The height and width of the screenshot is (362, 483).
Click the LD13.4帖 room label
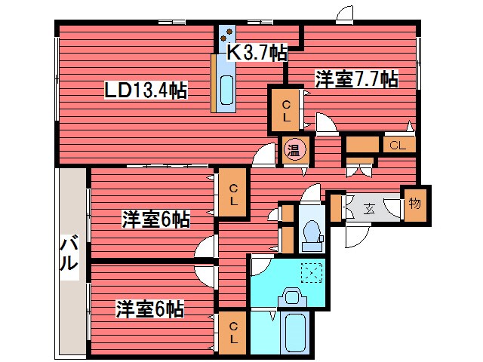click(146, 90)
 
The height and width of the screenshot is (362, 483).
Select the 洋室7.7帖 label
click(356, 79)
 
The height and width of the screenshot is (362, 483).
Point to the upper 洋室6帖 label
click(156, 219)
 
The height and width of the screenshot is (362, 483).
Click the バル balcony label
click(68, 254)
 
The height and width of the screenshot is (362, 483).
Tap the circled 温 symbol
click(294, 150)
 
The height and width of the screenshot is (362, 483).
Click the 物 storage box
click(414, 204)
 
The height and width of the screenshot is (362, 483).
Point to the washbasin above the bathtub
click(291, 297)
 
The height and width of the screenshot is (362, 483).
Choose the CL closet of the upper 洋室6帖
click(234, 195)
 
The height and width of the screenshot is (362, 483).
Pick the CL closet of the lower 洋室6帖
click(234, 333)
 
